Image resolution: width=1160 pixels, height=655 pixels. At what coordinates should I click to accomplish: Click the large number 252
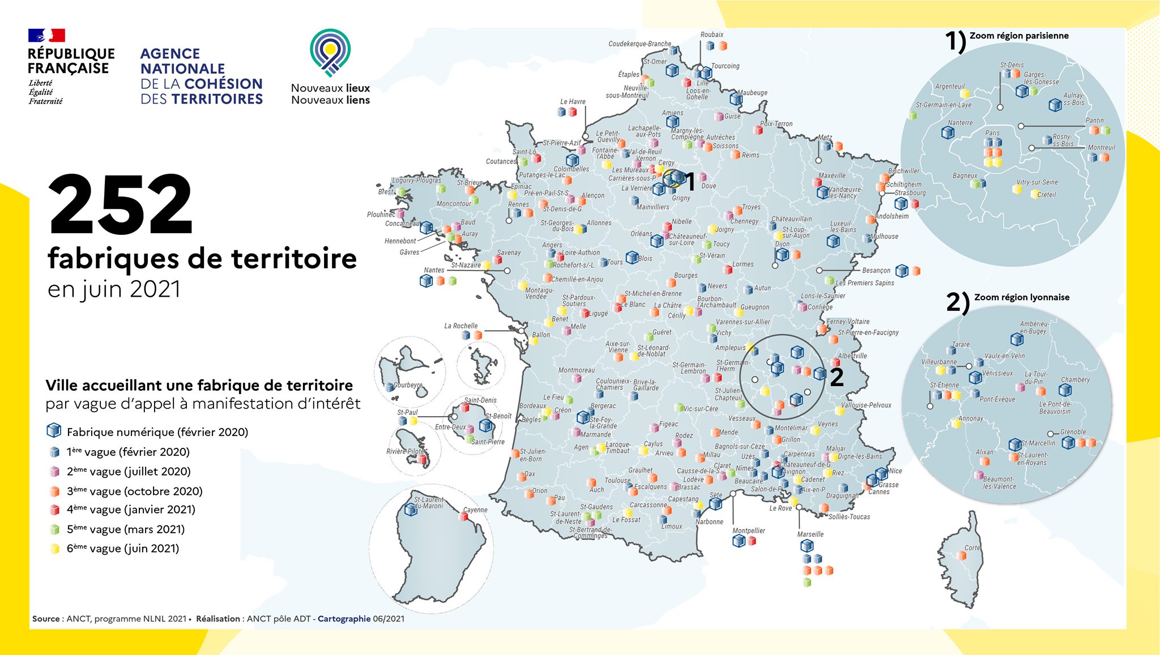click(121, 205)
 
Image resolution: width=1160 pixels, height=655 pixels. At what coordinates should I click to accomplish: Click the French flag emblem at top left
click(46, 36)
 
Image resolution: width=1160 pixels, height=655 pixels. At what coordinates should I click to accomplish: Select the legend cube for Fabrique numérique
click(54, 431)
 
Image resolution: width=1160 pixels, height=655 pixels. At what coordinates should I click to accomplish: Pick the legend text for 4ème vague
click(131, 510)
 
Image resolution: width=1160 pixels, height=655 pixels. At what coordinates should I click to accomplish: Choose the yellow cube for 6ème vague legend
click(54, 549)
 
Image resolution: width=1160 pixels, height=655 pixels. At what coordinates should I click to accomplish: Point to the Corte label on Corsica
click(972, 547)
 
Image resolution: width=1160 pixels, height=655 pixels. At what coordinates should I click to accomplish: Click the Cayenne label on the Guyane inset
click(475, 510)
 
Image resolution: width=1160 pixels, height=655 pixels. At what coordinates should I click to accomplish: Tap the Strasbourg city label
click(910, 193)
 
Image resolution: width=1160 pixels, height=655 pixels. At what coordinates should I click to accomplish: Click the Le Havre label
click(573, 102)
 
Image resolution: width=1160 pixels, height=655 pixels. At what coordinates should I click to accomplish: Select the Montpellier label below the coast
click(748, 530)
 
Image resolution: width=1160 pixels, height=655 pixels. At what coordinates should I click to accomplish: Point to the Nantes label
click(434, 270)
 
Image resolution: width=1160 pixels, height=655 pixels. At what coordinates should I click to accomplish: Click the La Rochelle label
click(460, 326)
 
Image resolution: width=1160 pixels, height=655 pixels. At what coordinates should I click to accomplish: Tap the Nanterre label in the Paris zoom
click(960, 123)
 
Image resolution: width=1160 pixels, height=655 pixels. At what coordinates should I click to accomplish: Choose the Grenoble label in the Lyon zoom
click(1073, 432)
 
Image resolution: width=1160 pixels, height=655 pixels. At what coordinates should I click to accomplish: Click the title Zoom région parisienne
click(1019, 36)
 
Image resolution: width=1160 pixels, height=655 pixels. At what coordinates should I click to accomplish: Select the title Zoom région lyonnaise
click(1021, 297)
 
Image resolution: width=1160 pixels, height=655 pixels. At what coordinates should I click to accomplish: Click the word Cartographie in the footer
click(344, 619)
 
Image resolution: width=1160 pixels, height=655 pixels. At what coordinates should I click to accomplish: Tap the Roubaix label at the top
click(711, 35)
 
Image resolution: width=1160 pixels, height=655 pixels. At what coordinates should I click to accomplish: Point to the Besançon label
click(876, 271)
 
